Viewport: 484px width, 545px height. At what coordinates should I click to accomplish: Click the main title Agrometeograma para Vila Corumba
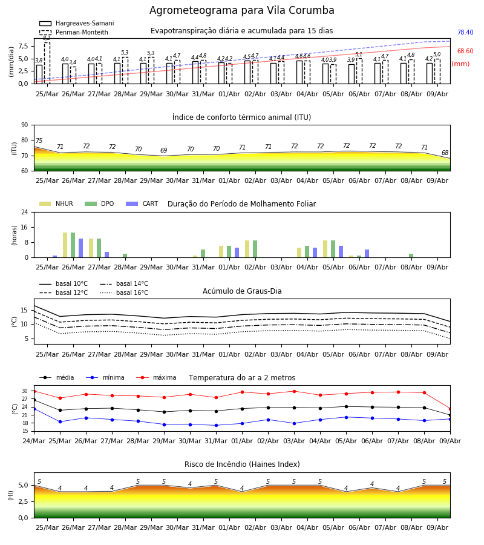point(241,10)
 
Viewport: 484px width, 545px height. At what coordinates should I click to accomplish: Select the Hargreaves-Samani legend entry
point(77,23)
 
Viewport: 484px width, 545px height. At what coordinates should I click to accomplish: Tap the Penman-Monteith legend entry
point(74,32)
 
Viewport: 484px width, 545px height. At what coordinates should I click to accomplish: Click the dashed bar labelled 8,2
point(47,63)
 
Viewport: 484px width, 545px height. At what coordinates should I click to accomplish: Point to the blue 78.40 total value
point(465,32)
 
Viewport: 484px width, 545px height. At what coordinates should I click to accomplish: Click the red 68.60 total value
point(465,51)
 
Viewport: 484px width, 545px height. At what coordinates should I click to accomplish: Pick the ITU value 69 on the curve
point(164,150)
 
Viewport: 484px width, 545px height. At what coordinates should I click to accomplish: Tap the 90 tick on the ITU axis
point(25,125)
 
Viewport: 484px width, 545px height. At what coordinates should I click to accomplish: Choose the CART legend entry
point(142,203)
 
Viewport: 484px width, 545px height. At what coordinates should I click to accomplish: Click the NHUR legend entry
point(56,203)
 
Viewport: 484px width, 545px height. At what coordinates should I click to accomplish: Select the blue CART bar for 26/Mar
point(81,248)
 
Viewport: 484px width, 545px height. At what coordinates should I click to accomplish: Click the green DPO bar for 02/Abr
point(255,249)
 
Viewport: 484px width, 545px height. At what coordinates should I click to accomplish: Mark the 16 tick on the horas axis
point(25,227)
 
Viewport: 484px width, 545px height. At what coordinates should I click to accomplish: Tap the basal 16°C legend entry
point(124,292)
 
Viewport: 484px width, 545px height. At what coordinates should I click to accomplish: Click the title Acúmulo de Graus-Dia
point(242,291)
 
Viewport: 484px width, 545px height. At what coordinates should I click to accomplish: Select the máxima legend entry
point(156,377)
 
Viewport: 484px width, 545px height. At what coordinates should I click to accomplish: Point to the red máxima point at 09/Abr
point(450,409)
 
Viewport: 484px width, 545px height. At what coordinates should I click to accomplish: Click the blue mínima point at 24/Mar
point(34,409)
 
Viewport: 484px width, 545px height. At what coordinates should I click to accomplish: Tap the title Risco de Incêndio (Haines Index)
point(242,464)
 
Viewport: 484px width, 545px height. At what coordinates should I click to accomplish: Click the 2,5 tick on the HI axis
point(23,501)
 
